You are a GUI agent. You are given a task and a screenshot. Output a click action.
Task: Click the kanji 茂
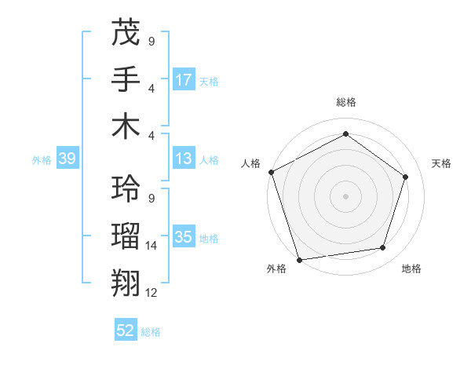pyautogui.click(x=126, y=34)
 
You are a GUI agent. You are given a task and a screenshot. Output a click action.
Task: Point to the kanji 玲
pyautogui.click(x=126, y=188)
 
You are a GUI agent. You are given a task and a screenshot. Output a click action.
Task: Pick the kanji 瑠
pyautogui.click(x=126, y=236)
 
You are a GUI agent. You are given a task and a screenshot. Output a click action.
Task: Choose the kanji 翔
pyautogui.click(x=126, y=282)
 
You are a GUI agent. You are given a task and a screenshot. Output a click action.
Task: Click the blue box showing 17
pyautogui.click(x=184, y=80)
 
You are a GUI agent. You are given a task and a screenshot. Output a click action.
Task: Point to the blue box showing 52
pyautogui.click(x=126, y=331)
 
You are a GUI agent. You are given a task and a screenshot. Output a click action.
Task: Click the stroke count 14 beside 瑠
pyautogui.click(x=152, y=246)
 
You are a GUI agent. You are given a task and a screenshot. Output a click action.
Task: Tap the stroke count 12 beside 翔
pyautogui.click(x=152, y=292)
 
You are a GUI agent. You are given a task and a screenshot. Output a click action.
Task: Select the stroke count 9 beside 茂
pyautogui.click(x=152, y=42)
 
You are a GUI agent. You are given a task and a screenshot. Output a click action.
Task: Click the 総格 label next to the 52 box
pyautogui.click(x=151, y=332)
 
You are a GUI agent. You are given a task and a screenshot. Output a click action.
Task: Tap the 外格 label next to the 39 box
pyautogui.click(x=42, y=160)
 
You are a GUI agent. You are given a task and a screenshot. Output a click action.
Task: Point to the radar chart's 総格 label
pyautogui.click(x=346, y=102)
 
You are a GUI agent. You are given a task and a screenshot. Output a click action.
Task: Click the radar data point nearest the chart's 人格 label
pyautogui.click(x=271, y=172)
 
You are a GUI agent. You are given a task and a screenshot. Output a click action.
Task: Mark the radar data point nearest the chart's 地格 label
pyautogui.click(x=383, y=248)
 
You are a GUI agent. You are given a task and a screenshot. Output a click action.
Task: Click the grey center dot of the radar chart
pyautogui.click(x=345, y=195)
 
